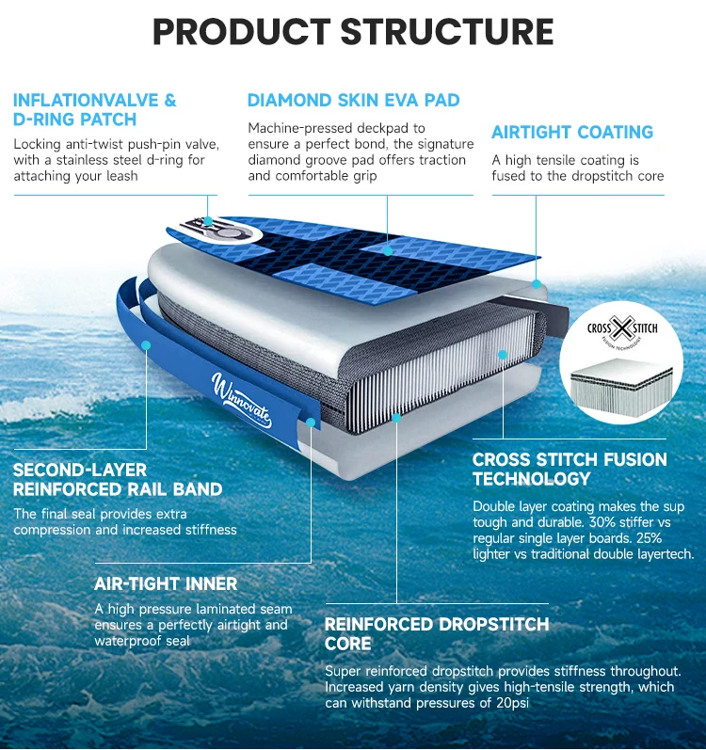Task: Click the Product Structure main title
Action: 353,31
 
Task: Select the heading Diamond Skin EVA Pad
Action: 353,100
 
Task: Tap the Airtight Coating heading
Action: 572,133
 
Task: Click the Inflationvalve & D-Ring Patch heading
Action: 94,110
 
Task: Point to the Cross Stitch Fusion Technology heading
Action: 570,469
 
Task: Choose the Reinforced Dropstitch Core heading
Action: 436,634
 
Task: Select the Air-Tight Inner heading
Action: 166,584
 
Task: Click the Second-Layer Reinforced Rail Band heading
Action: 118,479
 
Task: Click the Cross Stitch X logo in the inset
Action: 621,329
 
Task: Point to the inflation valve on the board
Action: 206,226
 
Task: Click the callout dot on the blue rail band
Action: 146,345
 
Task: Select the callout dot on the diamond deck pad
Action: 388,251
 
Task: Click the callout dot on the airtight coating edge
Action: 536,282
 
